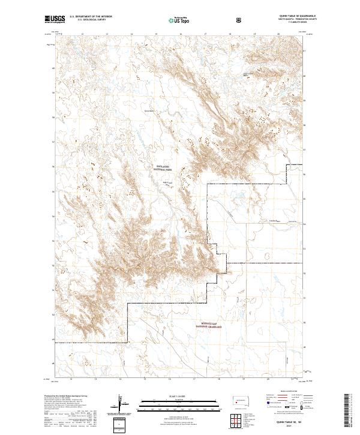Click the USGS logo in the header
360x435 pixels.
click(x=56, y=19)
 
